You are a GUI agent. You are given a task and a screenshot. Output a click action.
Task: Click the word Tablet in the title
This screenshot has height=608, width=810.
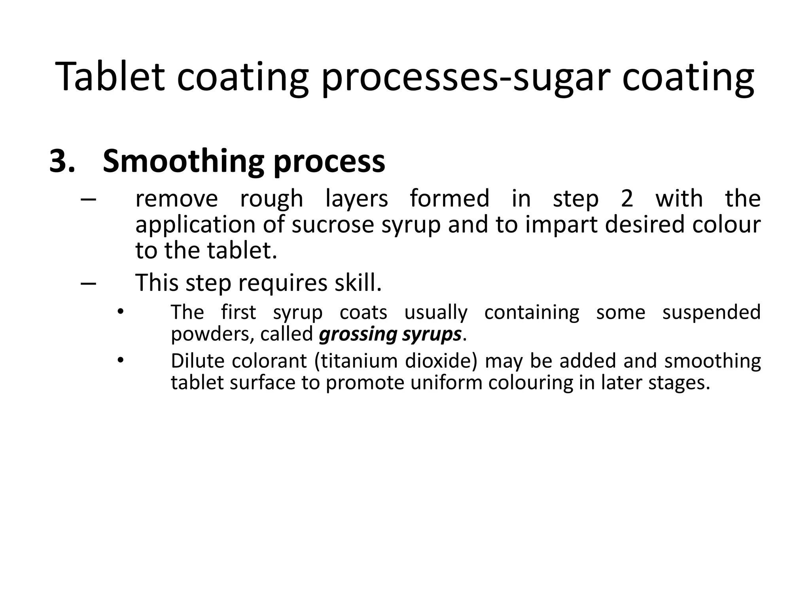pyautogui.click(x=110, y=77)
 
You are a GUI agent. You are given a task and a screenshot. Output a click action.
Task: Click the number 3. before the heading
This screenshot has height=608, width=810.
pyautogui.click(x=62, y=161)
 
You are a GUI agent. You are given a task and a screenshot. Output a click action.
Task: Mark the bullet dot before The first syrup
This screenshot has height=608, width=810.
pyautogui.click(x=121, y=312)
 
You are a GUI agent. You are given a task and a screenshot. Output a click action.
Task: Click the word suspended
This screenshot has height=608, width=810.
pyautogui.click(x=712, y=312)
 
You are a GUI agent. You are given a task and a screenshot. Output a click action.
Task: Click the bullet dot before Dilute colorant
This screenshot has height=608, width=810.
pyautogui.click(x=121, y=361)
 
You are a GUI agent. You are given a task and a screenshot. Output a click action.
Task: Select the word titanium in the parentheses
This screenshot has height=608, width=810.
pyautogui.click(x=358, y=361)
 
